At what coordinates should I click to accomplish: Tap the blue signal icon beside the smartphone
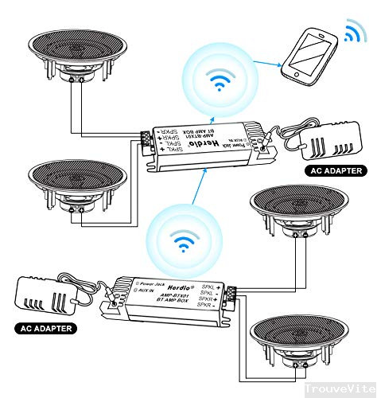click(x=352, y=32)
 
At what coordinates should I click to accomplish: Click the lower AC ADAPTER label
click(x=45, y=327)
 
